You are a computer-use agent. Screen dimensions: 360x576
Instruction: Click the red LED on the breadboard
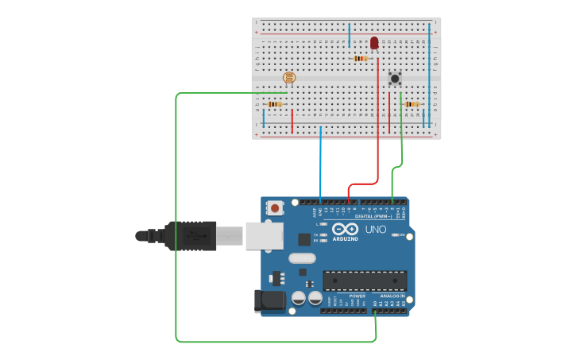374,42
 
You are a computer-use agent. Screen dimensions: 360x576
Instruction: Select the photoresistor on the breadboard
288,77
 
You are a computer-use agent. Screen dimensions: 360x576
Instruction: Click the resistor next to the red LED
361,58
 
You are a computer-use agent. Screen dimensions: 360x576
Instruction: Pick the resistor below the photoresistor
275,104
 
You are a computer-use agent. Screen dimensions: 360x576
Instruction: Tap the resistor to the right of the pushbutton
412,104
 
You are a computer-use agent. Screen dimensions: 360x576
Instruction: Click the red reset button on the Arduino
275,208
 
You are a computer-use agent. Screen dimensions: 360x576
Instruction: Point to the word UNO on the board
376,230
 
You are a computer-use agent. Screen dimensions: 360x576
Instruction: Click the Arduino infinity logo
345,229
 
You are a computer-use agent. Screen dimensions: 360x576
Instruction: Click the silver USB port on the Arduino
264,235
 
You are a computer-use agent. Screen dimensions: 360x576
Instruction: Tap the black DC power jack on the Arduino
270,300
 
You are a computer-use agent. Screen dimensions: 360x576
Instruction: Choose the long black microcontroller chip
365,281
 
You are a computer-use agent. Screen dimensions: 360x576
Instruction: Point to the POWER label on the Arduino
358,296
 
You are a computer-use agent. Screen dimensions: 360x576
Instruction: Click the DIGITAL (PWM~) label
374,215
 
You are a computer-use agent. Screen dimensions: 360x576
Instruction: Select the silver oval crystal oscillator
302,257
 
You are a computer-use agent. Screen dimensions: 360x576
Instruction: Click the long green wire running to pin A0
176,223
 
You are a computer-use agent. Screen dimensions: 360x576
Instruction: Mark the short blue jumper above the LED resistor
349,36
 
